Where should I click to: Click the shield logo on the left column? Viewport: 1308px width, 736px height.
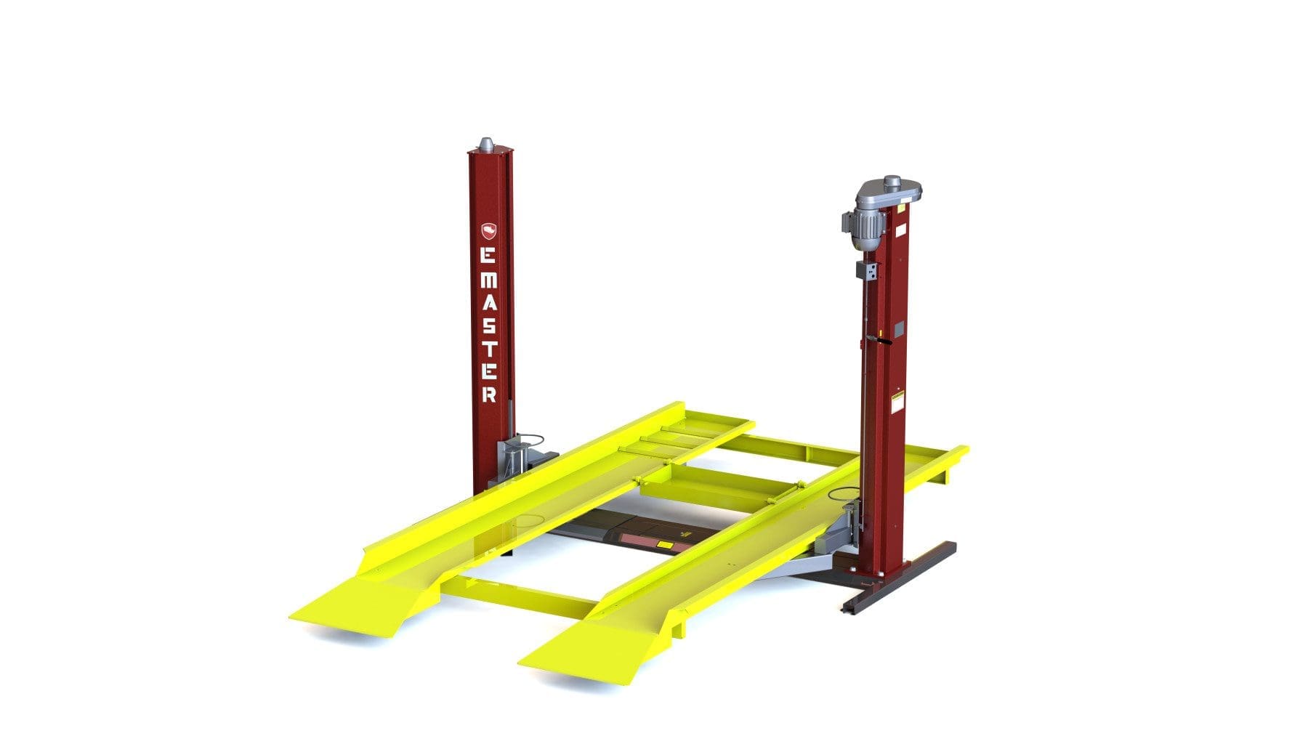point(489,232)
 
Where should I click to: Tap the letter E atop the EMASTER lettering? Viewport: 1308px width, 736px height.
point(489,256)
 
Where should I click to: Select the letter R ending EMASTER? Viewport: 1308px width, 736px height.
point(489,395)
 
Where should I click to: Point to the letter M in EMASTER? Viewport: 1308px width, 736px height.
point(489,279)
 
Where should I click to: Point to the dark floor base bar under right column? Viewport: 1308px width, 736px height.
point(901,578)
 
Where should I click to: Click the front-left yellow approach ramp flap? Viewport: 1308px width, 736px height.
point(356,607)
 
